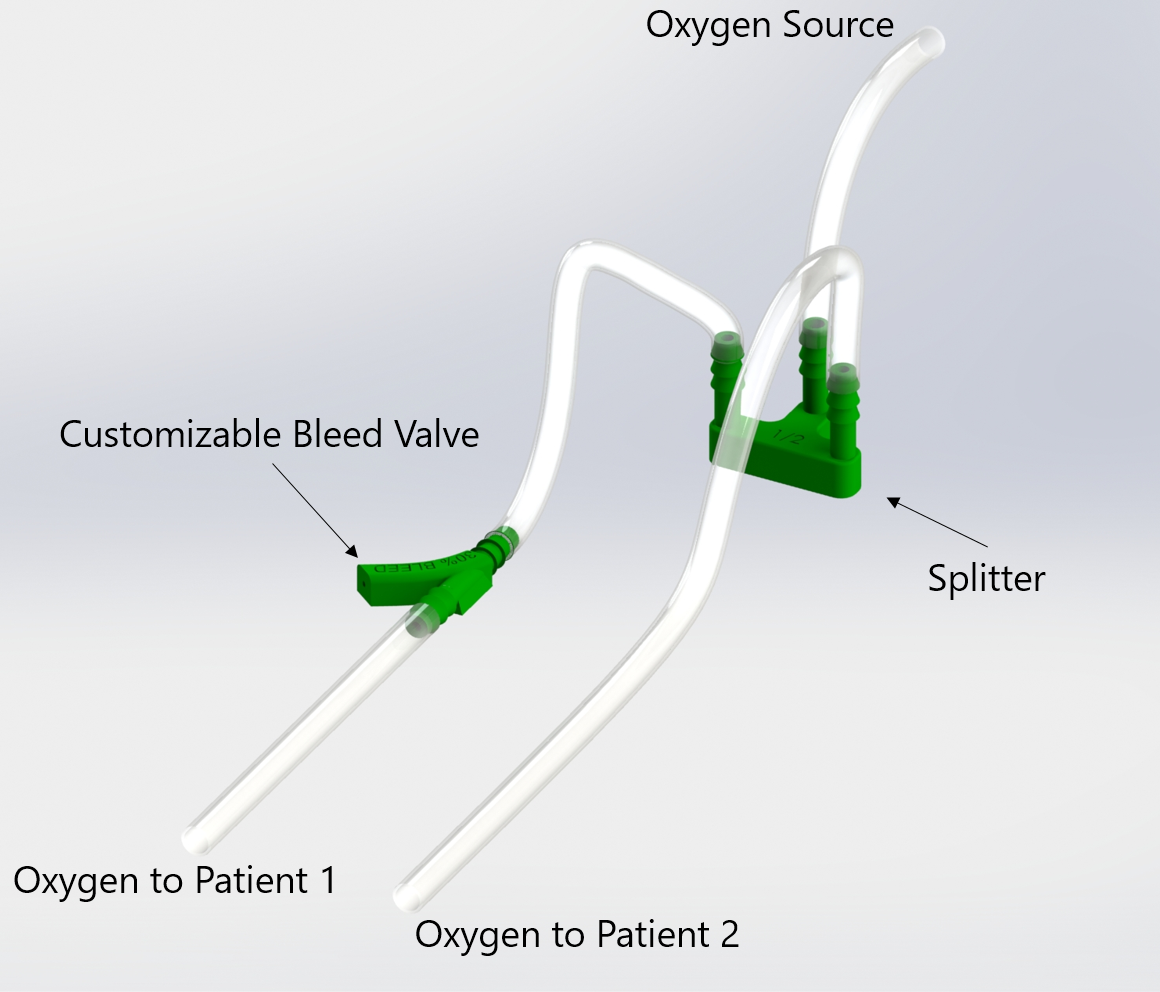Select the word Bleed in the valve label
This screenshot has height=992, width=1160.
pyautogui.click(x=340, y=434)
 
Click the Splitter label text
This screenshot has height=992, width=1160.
pyautogui.click(x=986, y=578)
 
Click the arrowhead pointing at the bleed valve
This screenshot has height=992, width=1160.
pyautogui.click(x=350, y=549)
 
